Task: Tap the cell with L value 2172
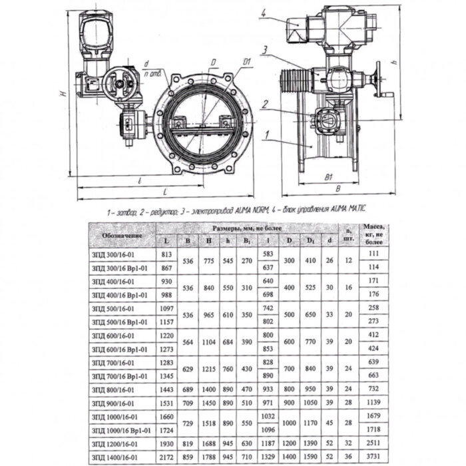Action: (x=167, y=457)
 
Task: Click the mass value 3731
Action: (x=371, y=457)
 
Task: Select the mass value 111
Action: (x=371, y=254)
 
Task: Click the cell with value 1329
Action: (x=268, y=457)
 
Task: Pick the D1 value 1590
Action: (x=310, y=457)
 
